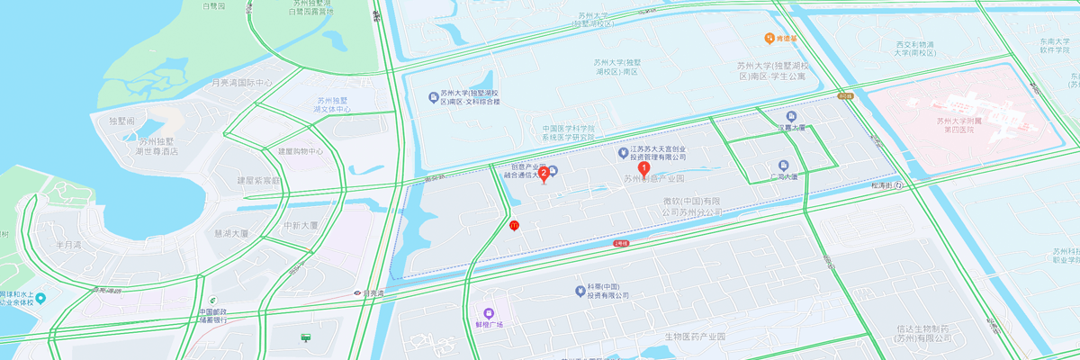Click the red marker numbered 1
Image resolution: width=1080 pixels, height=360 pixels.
coord(643,166)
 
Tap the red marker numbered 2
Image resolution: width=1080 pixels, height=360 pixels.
coord(544,174)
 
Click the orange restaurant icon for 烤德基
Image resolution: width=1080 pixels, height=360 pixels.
coord(769,38)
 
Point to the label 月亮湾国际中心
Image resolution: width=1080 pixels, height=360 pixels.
coord(241,83)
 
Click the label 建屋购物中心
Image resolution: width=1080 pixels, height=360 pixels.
coord(301,151)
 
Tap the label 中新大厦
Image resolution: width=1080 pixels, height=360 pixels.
coord(301,225)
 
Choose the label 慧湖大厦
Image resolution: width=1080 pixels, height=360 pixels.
coord(231,233)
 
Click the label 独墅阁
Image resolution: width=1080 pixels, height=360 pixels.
coord(121,121)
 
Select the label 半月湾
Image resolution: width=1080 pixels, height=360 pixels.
coord(68,244)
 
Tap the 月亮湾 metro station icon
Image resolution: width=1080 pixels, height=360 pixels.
coord(358,292)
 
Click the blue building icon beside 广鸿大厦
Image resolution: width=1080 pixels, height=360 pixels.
coord(783,165)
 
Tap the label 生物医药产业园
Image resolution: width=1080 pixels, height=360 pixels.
coord(695,337)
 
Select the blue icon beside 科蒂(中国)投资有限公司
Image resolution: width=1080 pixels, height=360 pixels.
coord(580,290)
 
